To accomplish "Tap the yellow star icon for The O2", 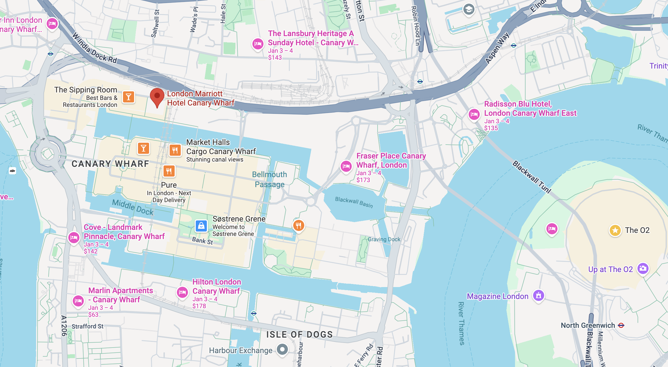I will (615, 230).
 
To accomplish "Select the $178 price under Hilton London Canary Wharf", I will (199, 306).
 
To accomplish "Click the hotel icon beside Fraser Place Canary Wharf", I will (346, 166).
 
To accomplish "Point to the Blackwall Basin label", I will (354, 202).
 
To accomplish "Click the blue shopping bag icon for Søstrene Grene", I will (201, 226).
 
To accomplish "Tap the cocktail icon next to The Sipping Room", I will (129, 97).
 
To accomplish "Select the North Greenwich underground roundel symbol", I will (621, 325).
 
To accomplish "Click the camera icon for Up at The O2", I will (643, 268).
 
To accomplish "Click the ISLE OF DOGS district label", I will (299, 335).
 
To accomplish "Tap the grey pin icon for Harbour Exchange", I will (282, 349).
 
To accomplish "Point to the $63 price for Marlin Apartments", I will (93, 315).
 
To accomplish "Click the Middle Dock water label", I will (133, 207).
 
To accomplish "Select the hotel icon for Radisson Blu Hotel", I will (474, 114).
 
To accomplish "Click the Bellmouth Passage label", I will (269, 179).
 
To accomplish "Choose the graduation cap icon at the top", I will (469, 10).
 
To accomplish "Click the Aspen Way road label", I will (497, 48).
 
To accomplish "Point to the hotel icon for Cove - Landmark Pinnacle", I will (74, 238).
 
